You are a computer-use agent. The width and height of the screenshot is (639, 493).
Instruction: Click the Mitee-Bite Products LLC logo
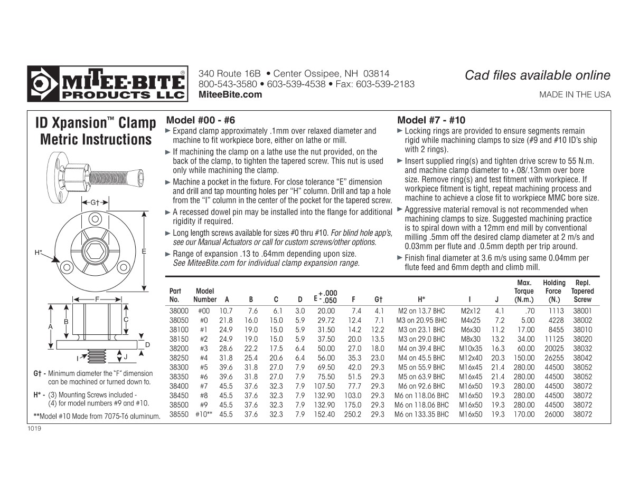pyautogui.click(x=107, y=84)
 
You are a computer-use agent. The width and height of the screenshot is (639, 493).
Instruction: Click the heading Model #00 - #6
pyautogui.click(x=200, y=120)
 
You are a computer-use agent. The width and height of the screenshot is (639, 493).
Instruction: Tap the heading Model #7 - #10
pyautogui.click(x=431, y=120)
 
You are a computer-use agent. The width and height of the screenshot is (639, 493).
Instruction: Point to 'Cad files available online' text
pyautogui.click(x=537, y=75)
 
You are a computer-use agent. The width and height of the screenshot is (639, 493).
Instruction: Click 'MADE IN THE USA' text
pyautogui.click(x=575, y=95)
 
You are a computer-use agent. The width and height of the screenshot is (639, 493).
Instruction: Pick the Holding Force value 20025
pyautogui.click(x=553, y=349)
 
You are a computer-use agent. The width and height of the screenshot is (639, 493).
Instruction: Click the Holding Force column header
pyautogui.click(x=553, y=291)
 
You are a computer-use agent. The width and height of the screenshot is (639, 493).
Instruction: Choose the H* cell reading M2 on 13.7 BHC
pyautogui.click(x=421, y=311)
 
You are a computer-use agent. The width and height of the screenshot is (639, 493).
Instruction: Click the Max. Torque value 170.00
pyautogui.click(x=524, y=414)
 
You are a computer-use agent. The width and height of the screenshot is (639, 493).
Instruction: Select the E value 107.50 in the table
pyautogui.click(x=326, y=386)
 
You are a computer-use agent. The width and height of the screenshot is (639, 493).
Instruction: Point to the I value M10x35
pyautogui.click(x=470, y=349)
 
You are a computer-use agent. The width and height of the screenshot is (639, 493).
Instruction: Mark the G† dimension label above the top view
pyautogui.click(x=95, y=202)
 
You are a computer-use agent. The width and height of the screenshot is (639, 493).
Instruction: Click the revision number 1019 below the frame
pyautogui.click(x=34, y=428)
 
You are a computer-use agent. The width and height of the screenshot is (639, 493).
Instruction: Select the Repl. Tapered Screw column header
pyautogui.click(x=582, y=291)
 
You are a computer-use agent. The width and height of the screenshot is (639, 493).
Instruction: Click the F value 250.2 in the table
pyautogui.click(x=352, y=414)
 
